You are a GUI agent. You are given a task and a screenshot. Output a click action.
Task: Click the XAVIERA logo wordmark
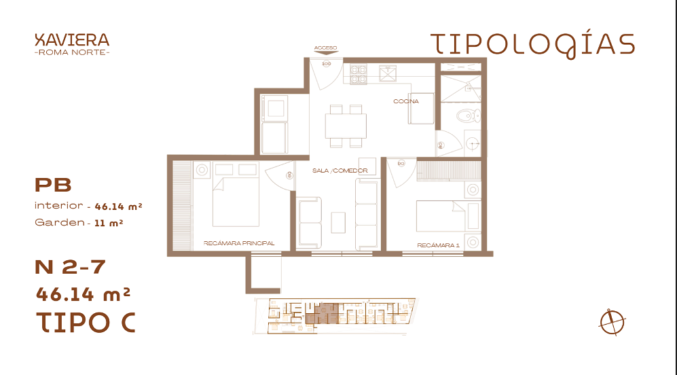(72, 40)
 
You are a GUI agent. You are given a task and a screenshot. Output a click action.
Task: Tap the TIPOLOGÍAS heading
(533, 46)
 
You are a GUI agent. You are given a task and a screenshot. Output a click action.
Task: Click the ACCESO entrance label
(325, 48)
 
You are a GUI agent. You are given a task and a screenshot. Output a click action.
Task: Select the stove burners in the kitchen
(359, 74)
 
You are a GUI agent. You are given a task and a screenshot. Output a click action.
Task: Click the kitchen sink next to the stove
(388, 73)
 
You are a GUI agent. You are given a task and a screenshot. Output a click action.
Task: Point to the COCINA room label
(406, 101)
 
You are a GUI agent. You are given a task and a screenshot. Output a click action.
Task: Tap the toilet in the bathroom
(469, 115)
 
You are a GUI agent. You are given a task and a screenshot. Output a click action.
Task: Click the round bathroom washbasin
(473, 143)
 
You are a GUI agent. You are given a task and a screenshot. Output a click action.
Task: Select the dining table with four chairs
(346, 126)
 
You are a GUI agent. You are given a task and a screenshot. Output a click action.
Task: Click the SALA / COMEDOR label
(340, 171)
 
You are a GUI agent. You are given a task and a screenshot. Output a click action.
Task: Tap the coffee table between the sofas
(338, 223)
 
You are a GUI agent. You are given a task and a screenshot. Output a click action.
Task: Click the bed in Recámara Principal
(236, 200)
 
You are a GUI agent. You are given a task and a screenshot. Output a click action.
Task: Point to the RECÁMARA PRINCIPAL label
(239, 243)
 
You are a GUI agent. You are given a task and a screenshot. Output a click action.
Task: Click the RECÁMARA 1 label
(438, 245)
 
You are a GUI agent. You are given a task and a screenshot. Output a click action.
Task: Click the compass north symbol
(612, 322)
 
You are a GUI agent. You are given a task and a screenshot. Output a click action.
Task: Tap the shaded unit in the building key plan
(324, 313)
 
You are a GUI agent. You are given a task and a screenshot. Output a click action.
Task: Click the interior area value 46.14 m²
(119, 207)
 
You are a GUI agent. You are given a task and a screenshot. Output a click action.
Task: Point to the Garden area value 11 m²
(109, 224)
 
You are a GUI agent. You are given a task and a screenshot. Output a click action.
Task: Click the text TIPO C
(86, 322)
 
